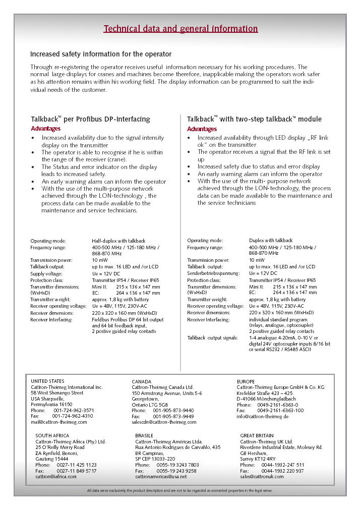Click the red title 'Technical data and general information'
[181, 29]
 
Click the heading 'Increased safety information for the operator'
[101, 54]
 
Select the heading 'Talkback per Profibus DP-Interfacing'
[91, 120]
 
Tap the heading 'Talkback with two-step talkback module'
[254, 120]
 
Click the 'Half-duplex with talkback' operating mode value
[118, 241]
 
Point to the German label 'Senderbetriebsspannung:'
[211, 273]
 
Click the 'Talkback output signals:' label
[212, 337]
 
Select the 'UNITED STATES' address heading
[47, 381]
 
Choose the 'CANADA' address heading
[142, 381]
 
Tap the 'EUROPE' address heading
[246, 381]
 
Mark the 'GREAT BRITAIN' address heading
[257, 435]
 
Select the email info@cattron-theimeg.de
[263, 417]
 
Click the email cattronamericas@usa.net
[161, 476]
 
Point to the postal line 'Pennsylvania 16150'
[51, 405]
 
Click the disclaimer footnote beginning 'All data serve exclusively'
[180, 490]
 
